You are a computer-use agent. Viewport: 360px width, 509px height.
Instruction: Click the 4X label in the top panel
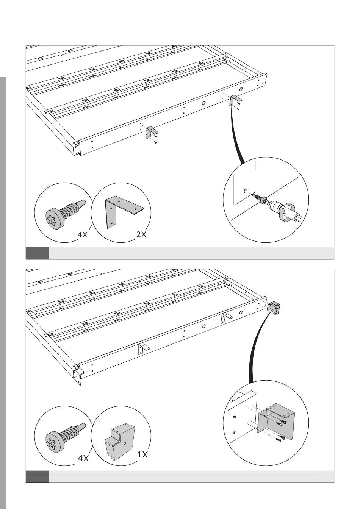[x=82, y=235]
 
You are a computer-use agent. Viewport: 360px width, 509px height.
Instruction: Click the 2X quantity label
[x=141, y=234]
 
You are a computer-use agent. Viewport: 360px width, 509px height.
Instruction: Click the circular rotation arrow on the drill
[x=286, y=211]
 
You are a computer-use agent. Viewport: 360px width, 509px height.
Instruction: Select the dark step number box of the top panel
[x=37, y=253]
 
